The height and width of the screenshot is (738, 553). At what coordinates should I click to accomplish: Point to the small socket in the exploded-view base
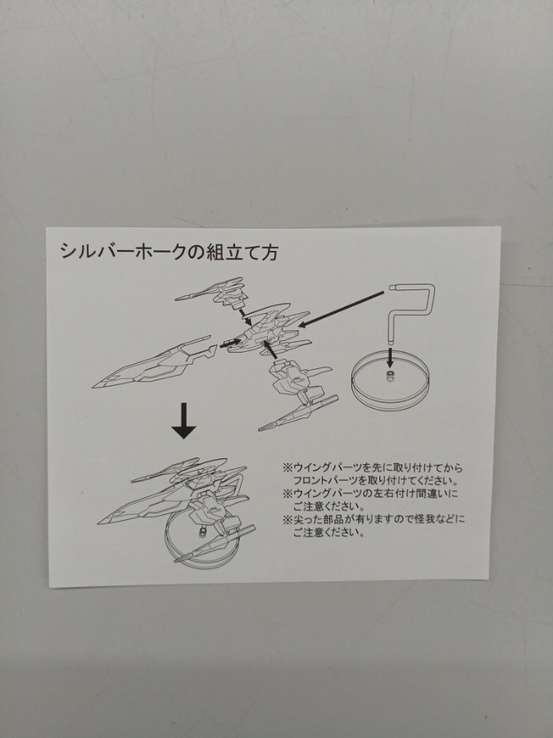tap(389, 374)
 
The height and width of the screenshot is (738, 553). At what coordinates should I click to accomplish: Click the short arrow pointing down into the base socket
tap(389, 358)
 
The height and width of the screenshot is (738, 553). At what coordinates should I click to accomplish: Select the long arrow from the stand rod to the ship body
tap(342, 308)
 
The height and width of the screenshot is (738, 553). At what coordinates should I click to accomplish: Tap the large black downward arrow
tap(184, 421)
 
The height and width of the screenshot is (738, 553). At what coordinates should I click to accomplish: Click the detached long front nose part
tap(155, 363)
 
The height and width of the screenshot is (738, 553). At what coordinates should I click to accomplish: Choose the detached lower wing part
tap(297, 396)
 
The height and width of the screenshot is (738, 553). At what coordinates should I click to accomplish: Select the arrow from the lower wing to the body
tap(270, 349)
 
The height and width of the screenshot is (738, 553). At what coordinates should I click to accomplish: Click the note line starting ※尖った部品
tap(374, 520)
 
